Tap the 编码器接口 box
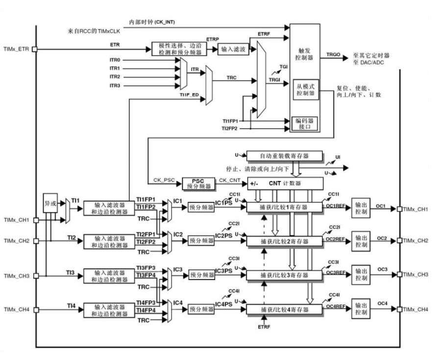coord(304,123)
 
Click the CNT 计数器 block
coord(285,183)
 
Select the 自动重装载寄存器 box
coord(284,155)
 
